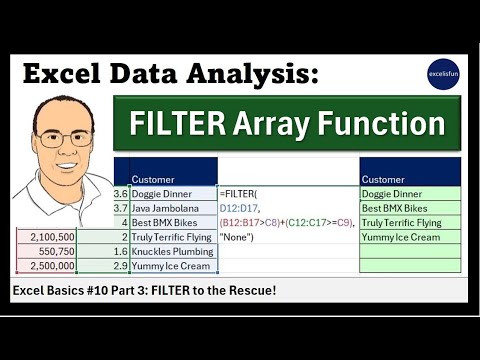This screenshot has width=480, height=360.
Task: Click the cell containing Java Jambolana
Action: (x=171, y=207)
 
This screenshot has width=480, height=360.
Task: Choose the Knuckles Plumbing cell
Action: (x=173, y=251)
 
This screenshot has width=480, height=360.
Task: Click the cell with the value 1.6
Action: (x=121, y=251)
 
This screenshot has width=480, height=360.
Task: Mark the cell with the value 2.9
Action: (x=121, y=266)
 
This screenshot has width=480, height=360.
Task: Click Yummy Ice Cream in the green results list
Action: (x=400, y=237)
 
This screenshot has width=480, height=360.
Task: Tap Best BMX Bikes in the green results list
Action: (x=397, y=208)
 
